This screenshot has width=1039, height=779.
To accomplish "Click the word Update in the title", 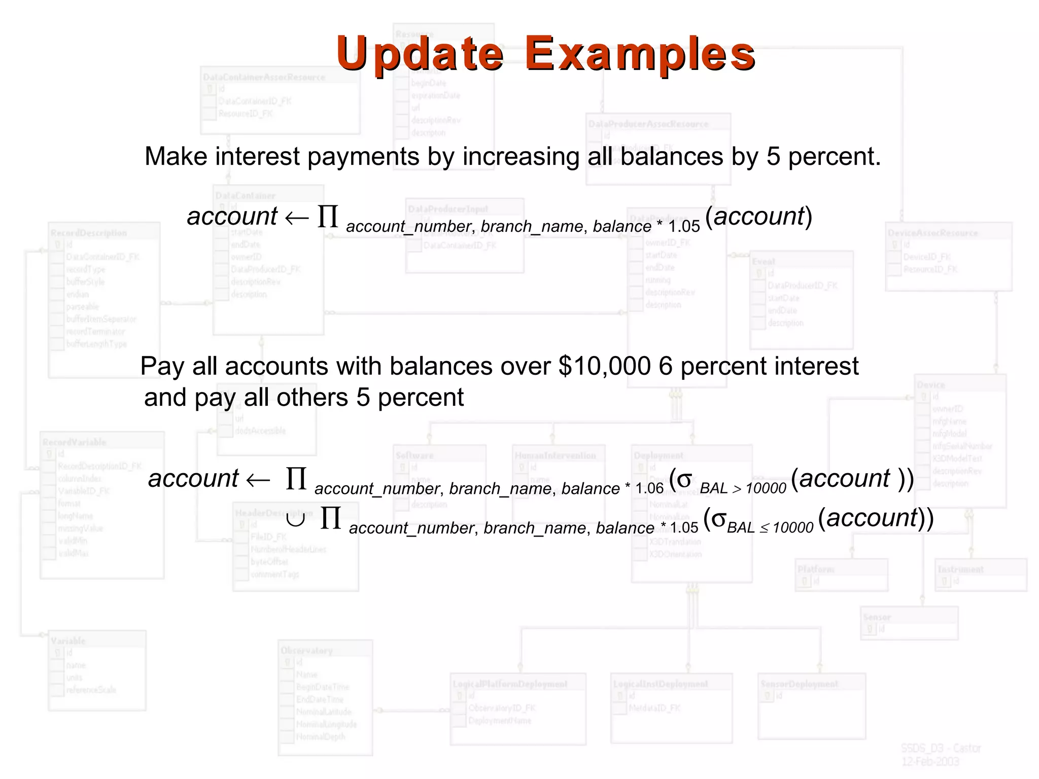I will tap(420, 53).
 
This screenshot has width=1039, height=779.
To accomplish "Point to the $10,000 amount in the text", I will tap(604, 366).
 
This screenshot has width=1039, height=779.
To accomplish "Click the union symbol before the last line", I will tap(295, 519).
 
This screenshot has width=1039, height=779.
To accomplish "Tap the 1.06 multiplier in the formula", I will tap(649, 488).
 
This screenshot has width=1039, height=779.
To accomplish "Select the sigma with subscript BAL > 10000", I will tap(684, 479).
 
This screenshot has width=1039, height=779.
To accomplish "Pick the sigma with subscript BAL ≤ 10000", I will tap(718, 518).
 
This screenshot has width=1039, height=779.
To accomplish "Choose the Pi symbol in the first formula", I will tap(328, 217).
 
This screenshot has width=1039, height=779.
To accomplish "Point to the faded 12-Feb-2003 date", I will tap(930, 761).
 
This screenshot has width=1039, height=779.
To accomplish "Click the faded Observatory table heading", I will tap(306, 651).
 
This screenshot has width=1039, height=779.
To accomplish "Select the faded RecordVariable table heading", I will tap(75, 442).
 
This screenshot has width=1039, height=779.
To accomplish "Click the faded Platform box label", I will tap(815, 570).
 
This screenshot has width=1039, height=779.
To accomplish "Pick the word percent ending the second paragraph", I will tap(421, 397).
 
